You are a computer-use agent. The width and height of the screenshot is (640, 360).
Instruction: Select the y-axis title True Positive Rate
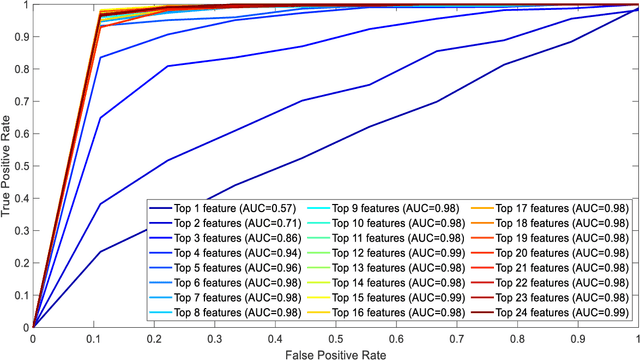[9, 165]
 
